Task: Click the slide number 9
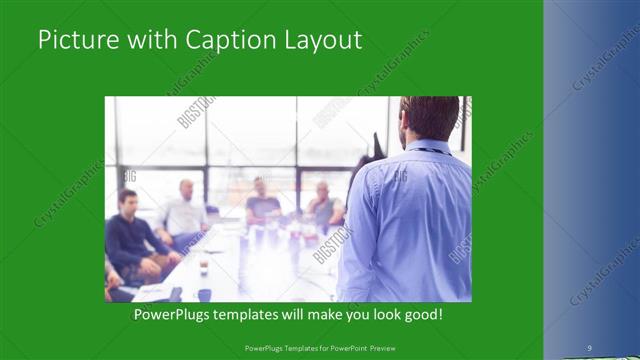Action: (589, 347)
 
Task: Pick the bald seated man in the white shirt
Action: (183, 212)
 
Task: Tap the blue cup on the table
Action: (204, 294)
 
